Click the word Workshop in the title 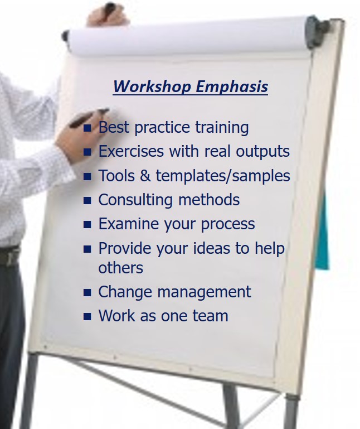point(152,86)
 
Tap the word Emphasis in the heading point(232,87)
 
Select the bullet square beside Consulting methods point(87,200)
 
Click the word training point(222,128)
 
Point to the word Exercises point(131,151)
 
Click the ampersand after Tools point(145,175)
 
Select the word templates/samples point(223,176)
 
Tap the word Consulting point(135,200)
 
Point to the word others point(120,268)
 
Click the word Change point(125,292)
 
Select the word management point(204,292)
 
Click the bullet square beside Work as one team point(87,316)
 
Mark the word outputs point(262,152)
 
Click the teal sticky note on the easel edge point(323,233)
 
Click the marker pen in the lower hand point(89,118)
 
